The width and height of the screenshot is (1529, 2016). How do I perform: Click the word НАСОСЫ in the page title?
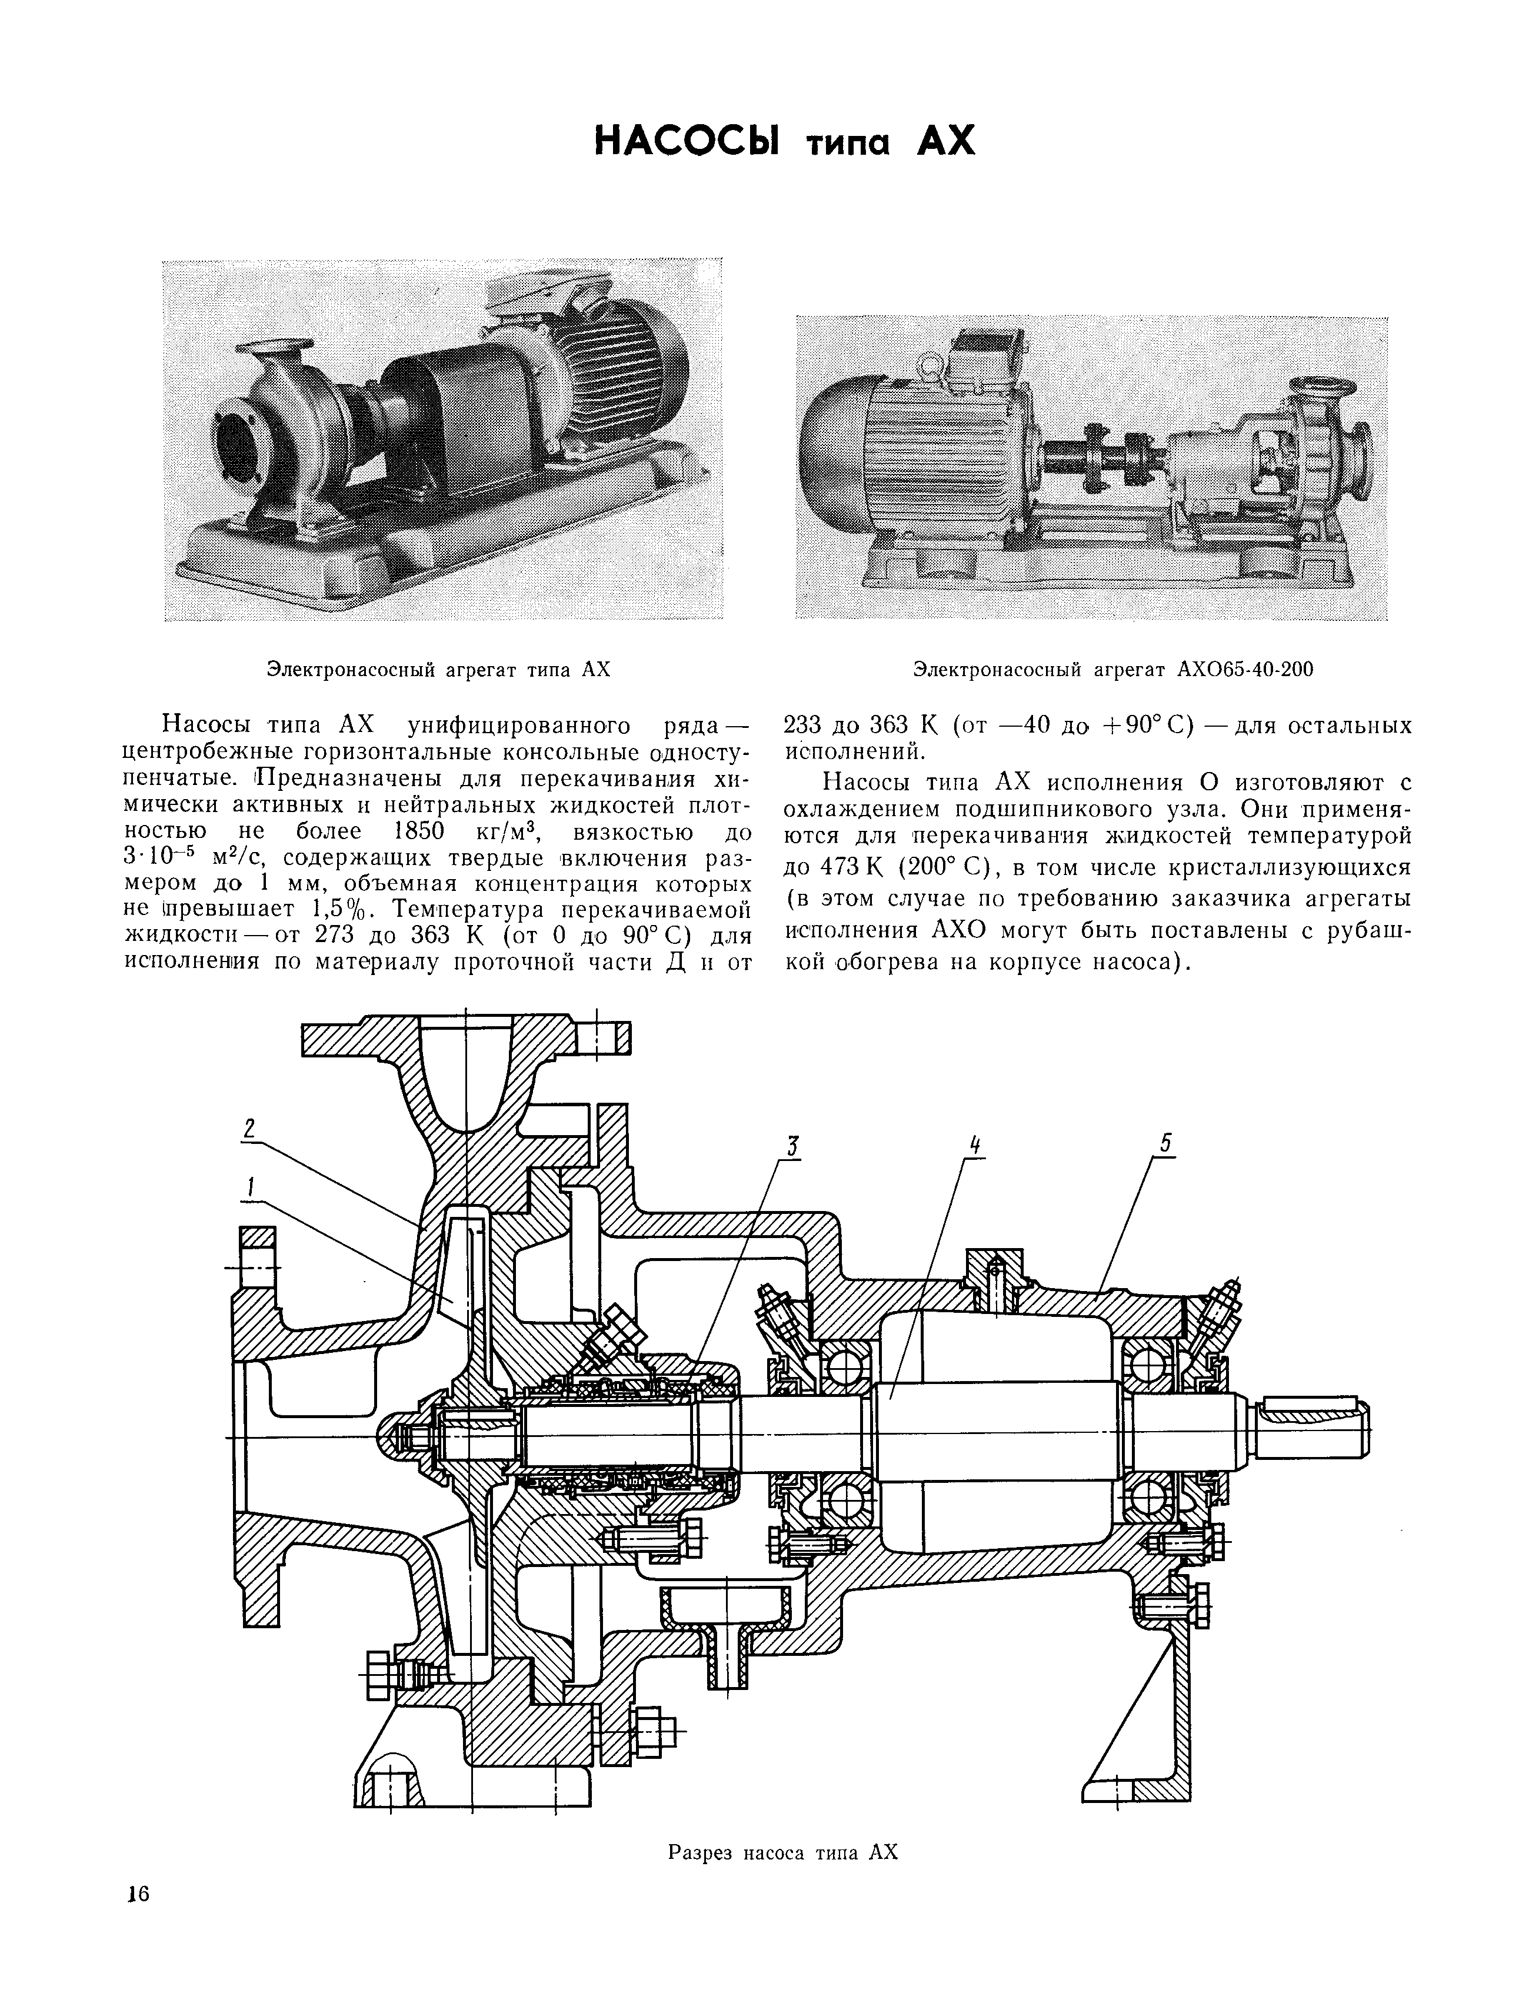[x=685, y=143]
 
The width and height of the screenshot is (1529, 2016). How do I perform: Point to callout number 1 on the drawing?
[x=249, y=1186]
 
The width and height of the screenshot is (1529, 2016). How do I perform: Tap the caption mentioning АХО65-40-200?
[x=1112, y=670]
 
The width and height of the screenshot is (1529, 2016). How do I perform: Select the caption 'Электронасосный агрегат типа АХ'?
[x=437, y=670]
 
